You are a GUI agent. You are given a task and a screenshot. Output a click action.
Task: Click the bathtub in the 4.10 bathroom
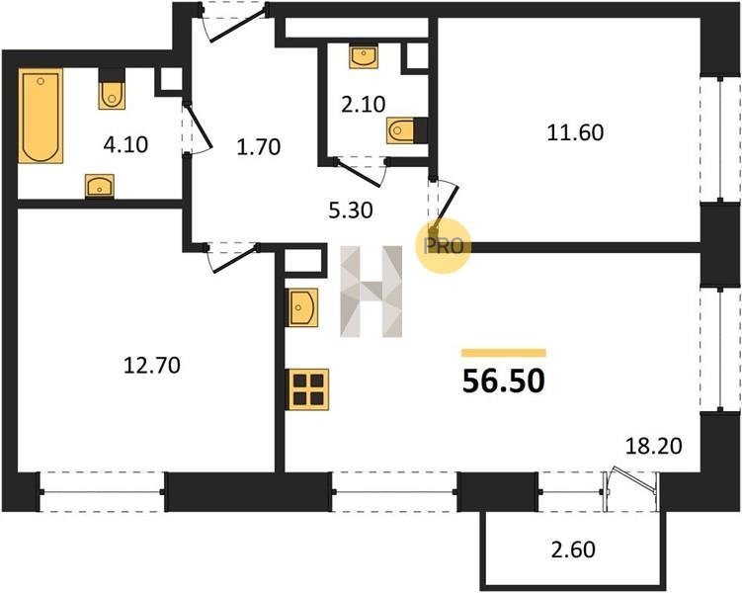[41, 116]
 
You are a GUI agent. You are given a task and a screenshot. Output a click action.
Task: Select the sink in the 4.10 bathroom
[100, 185]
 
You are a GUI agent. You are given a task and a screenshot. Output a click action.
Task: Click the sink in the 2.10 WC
[364, 56]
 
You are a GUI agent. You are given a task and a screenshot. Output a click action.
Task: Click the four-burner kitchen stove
[308, 389]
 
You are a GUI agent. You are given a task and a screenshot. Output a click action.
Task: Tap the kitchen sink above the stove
[303, 307]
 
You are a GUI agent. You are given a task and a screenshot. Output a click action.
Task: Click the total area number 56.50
[504, 381]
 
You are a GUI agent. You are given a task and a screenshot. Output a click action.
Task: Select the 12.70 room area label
[152, 366]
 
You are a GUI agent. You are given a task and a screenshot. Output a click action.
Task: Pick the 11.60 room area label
[575, 132]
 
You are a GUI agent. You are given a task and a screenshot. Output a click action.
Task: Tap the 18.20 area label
[653, 446]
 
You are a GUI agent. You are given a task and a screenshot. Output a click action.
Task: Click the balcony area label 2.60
[573, 550]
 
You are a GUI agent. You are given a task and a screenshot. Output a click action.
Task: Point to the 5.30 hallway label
[351, 211]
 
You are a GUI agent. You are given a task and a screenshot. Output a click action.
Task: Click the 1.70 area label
[259, 147]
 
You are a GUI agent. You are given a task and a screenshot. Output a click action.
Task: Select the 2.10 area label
[364, 104]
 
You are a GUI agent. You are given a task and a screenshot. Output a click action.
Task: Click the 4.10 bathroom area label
[125, 144]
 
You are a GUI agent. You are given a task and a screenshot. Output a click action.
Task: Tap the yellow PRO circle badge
[444, 246]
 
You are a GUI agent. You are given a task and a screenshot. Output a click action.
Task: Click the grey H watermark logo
[371, 292]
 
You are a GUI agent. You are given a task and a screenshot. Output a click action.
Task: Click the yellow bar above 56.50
[504, 353]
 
